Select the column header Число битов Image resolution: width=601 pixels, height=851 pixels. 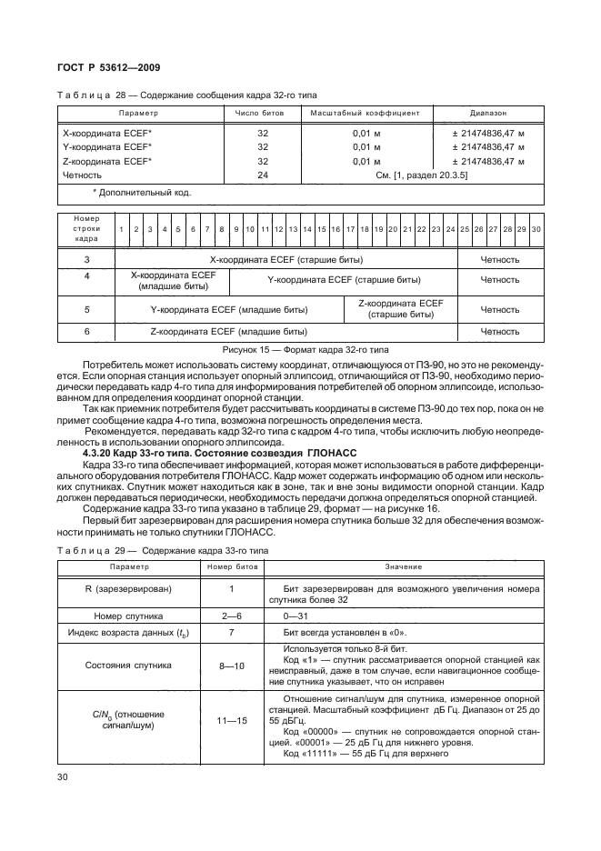(x=260, y=114)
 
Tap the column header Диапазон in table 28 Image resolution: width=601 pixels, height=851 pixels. (x=488, y=114)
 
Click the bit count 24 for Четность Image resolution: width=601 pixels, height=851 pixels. (x=263, y=175)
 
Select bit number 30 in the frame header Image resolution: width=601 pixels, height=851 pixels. (x=536, y=229)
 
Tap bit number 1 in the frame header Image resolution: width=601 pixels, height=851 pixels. (x=121, y=229)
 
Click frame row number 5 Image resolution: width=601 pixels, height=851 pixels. (x=86, y=309)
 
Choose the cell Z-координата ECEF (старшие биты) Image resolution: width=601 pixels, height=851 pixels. (x=400, y=309)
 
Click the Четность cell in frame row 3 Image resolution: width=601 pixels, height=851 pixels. (x=499, y=259)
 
